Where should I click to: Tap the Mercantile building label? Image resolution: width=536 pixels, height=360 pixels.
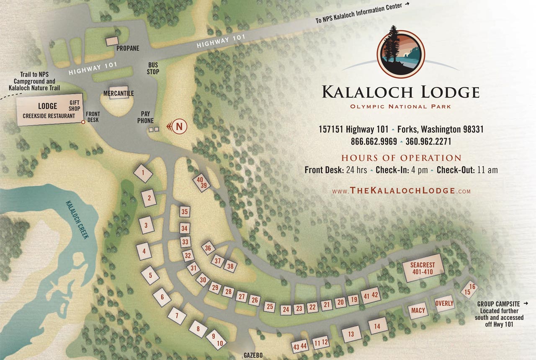119,93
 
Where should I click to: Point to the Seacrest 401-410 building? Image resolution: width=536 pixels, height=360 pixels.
422,268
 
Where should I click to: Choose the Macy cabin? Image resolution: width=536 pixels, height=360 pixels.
418,311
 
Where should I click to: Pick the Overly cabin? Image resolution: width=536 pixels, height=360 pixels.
444,303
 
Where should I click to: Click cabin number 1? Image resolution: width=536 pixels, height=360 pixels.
143,172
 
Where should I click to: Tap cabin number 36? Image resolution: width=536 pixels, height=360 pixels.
208,248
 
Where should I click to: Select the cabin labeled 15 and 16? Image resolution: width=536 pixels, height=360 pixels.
469,290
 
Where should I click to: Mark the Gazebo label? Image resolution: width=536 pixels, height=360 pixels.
253,355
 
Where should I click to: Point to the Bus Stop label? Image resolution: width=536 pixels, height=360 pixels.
153,68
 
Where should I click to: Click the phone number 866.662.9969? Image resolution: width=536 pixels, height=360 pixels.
374,141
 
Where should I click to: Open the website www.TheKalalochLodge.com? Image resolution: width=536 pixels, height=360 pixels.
401,191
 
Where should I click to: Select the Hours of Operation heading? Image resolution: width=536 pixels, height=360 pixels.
401,158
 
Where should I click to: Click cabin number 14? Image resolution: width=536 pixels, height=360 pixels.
378,326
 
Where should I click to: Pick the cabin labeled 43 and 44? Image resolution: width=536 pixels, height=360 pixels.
300,347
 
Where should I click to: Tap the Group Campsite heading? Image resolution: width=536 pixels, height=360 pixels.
498,304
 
